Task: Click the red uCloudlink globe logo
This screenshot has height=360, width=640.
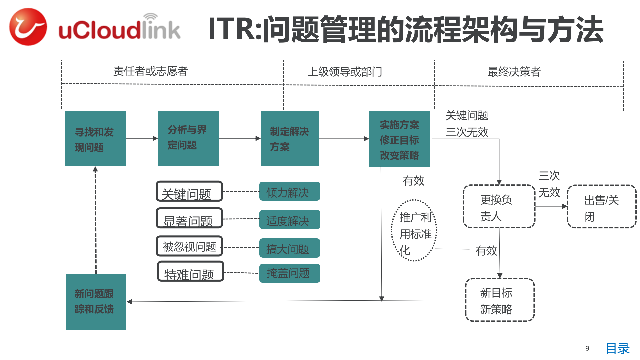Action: coord(28,27)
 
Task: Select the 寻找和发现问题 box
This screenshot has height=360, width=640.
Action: coord(95,138)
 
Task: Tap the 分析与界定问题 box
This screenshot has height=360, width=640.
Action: coord(188,138)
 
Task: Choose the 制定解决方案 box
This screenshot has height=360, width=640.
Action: coord(290,139)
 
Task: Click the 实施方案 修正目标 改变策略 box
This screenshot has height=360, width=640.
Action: coord(399,139)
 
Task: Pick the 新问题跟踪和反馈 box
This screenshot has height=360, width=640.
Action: coord(96,302)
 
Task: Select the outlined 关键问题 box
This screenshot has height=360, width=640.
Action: coord(189,191)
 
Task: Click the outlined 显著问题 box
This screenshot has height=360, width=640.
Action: coord(189,218)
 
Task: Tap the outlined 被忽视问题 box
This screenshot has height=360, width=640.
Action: coord(189,246)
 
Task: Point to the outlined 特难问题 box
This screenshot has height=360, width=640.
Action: coord(190,271)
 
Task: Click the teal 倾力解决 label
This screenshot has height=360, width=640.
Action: coord(290,191)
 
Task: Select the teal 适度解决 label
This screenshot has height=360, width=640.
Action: coord(290,220)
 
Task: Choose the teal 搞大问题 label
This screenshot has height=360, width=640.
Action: coord(290,248)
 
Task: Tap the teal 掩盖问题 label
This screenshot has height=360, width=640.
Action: coord(290,273)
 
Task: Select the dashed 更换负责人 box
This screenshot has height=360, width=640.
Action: coord(499,207)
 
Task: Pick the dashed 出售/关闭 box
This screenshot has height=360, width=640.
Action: coord(602,207)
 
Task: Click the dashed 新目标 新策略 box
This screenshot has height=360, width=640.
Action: coord(500,300)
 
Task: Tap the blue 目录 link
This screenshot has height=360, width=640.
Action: coord(617,349)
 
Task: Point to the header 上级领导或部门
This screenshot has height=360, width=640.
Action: coord(345,72)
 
